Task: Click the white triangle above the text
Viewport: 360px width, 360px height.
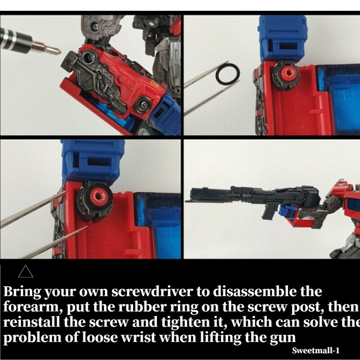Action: coord(26,272)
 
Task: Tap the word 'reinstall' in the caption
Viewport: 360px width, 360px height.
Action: coord(31,322)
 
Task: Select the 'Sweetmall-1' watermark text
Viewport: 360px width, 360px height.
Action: coord(315,351)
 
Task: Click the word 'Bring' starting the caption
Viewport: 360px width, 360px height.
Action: coord(22,292)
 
